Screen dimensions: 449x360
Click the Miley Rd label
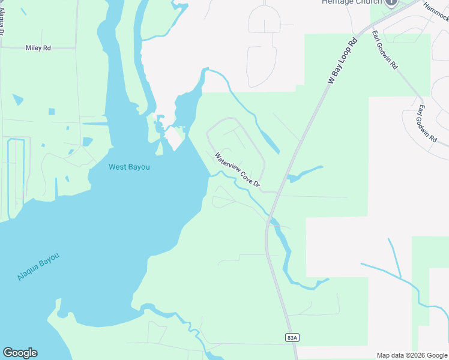click(x=38, y=47)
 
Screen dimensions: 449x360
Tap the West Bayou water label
click(x=129, y=167)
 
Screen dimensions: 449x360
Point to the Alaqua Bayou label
click(x=38, y=268)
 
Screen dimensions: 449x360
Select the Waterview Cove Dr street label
click(x=238, y=170)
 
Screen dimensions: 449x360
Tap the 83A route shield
click(x=292, y=338)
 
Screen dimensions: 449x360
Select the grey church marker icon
click(x=392, y=2)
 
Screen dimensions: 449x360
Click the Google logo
click(x=20, y=353)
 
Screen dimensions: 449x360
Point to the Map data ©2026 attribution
click(x=412, y=355)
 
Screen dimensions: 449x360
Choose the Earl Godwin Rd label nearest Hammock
click(x=384, y=50)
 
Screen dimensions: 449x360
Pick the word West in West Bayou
click(x=118, y=167)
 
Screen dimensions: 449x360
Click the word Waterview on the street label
click(x=227, y=162)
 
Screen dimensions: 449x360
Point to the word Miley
click(x=34, y=47)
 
